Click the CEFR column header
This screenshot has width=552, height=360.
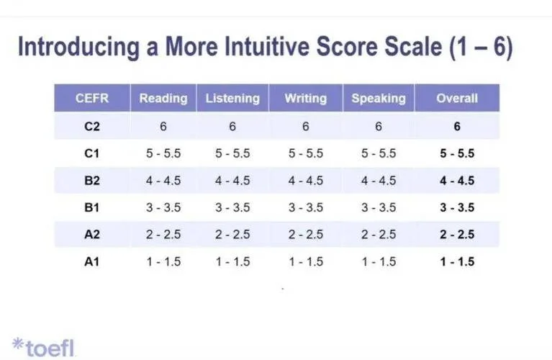92,98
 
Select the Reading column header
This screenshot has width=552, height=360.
163,98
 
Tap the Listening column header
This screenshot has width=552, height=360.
232,98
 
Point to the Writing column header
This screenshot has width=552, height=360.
306,98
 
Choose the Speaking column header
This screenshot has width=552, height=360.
379,98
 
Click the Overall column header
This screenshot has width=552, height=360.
457,98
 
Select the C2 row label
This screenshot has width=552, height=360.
92,126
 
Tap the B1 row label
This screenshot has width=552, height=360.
92,207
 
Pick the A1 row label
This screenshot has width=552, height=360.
92,262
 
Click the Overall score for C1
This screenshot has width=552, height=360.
457,153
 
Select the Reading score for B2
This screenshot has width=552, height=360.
163,180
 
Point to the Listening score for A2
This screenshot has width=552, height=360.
232,235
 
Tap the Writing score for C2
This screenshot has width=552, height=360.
306,126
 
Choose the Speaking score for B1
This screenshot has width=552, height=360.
379,207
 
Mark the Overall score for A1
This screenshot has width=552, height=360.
457,262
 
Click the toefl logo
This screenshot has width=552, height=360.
43,347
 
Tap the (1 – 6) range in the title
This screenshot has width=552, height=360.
481,48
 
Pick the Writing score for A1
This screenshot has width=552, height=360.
306,262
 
